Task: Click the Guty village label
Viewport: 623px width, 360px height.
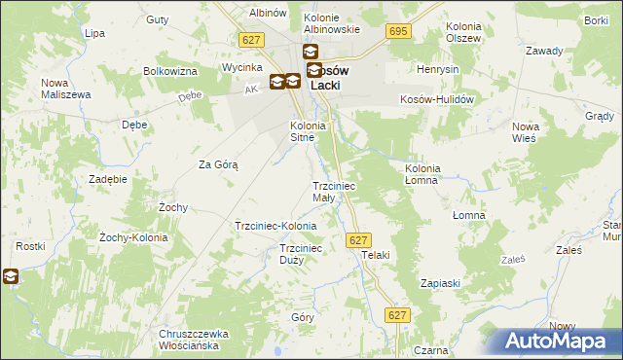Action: tap(156, 18)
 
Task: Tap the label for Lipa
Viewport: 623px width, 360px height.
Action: tap(94, 33)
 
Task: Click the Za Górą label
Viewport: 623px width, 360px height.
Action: tap(218, 164)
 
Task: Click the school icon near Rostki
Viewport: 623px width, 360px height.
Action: tap(11, 277)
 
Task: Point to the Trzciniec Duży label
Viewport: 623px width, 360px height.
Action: tap(300, 254)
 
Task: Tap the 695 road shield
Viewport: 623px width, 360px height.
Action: tap(397, 32)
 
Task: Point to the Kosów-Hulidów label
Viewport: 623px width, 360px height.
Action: tap(436, 99)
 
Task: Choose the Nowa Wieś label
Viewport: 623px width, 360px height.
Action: tap(526, 132)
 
